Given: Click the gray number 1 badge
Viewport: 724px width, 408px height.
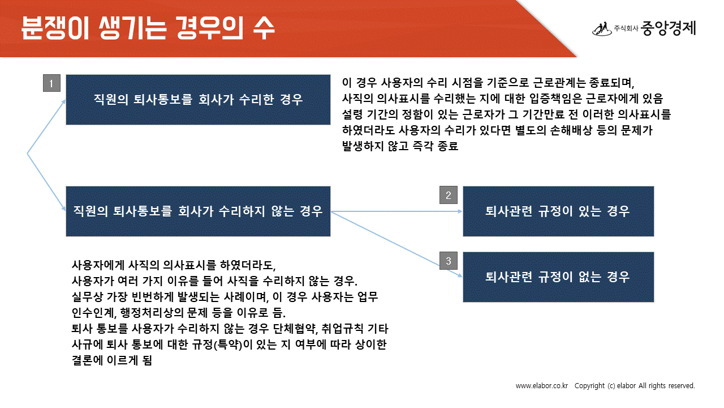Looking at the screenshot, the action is coord(51,83).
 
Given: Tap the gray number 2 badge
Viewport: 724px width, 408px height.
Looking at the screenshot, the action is coord(449,195).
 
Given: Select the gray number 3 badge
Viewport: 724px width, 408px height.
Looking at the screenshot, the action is coord(449,261).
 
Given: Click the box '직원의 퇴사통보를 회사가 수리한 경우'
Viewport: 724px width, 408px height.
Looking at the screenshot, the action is coord(198,100).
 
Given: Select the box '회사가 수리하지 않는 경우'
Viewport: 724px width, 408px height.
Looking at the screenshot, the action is coord(198,211).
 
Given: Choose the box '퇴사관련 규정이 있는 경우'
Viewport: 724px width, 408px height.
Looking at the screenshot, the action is coord(558,211).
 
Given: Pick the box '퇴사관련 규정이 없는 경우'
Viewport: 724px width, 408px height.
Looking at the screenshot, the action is coord(558,277).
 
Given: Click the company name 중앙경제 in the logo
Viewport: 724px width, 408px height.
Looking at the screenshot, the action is coord(668,28).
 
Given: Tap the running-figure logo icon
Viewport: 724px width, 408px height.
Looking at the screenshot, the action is coord(602,29).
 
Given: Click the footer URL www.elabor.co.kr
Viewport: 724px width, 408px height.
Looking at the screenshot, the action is coord(542,386).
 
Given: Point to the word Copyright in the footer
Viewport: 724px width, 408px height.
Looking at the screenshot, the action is coord(589,386).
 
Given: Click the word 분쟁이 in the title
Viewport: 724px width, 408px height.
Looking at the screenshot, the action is coord(55,28).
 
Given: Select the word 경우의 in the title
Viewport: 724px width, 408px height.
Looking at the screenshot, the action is coord(210,28).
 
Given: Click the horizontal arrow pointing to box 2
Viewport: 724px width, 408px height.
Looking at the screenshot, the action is coord(397,211).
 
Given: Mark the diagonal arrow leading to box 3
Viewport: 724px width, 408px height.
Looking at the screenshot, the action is coord(397,244).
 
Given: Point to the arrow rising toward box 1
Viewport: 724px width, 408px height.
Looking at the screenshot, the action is coord(46,126).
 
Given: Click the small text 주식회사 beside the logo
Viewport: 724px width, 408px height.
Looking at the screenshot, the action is coord(626,28).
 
